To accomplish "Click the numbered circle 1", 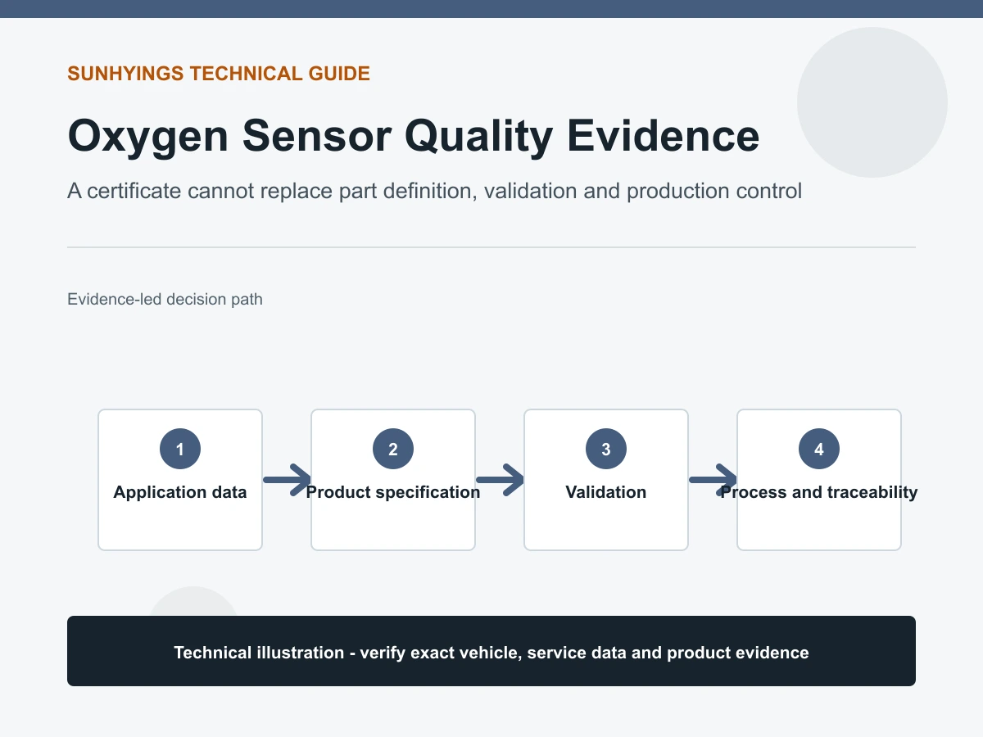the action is tap(180, 449).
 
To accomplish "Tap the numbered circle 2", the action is tap(392, 449).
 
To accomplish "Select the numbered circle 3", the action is tap(606, 449).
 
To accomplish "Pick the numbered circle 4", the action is tap(818, 449).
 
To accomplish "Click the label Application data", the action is tap(180, 492).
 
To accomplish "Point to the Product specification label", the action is tap(392, 492).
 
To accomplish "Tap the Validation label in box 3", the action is tap(606, 492).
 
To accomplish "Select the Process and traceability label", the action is tap(818, 492).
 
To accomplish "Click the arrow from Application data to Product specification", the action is tap(287, 480).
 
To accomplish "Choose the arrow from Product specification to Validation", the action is tap(500, 480).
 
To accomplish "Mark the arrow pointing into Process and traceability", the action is tap(713, 480).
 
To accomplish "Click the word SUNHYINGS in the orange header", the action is tap(125, 74).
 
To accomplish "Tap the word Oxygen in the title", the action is tap(147, 137).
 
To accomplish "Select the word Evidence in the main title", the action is tap(664, 136).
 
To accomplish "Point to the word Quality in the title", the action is tap(478, 137).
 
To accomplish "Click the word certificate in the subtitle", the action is tap(134, 191).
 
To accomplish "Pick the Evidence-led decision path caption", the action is tap(165, 299).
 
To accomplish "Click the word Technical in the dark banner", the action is tap(213, 653).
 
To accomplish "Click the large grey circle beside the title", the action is tap(872, 102).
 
